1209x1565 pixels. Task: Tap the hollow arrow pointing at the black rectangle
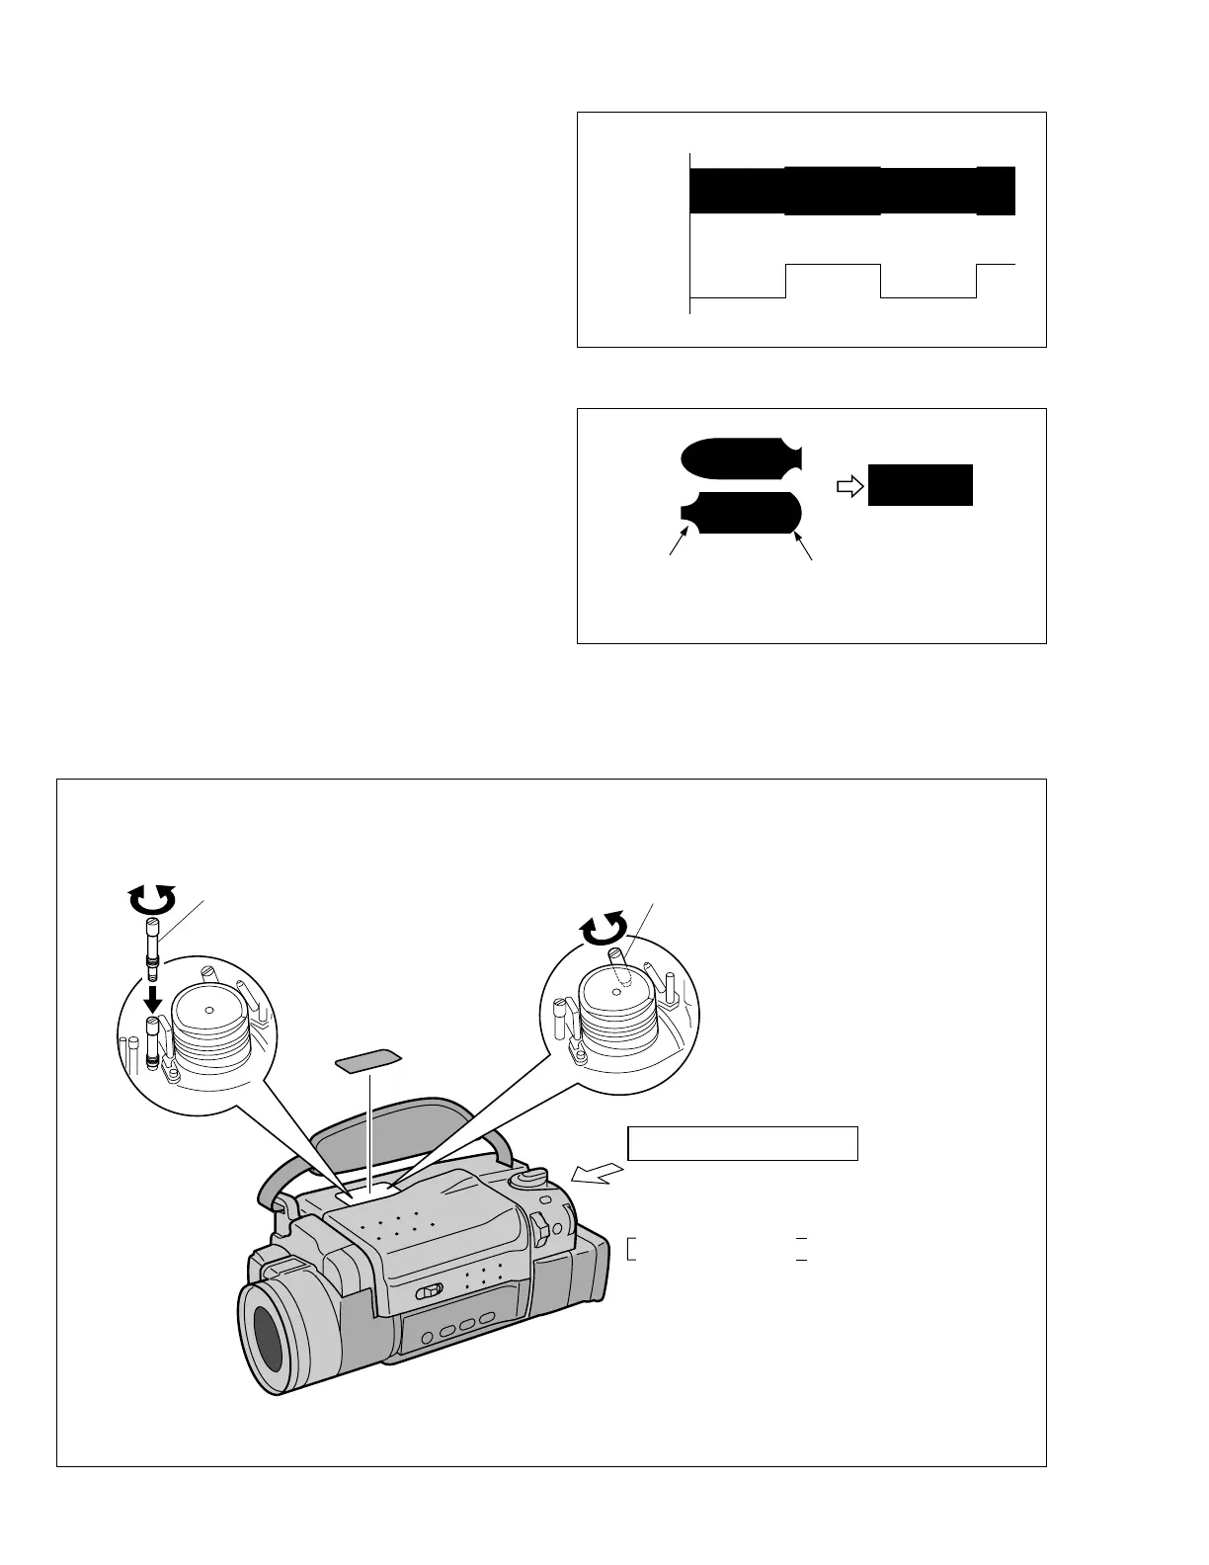(849, 485)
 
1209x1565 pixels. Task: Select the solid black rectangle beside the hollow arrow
(920, 485)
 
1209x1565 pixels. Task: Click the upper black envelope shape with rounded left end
(741, 457)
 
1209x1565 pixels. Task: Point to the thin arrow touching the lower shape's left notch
(678, 542)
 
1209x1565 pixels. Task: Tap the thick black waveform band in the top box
(849, 192)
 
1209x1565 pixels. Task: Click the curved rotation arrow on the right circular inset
(604, 929)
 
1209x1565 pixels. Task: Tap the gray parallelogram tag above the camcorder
(368, 1061)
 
